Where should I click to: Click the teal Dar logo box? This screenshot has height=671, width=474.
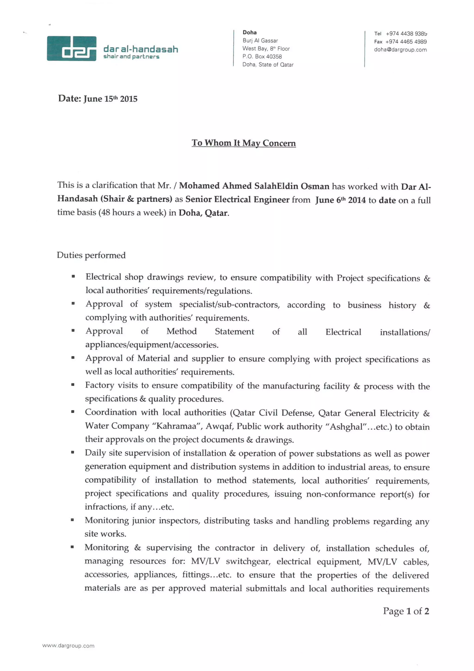click(x=72, y=48)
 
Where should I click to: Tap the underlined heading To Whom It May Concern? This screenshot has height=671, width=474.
click(x=243, y=143)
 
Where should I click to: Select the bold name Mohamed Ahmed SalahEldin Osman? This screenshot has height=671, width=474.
click(x=254, y=186)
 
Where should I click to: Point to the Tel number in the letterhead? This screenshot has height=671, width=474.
click(x=406, y=34)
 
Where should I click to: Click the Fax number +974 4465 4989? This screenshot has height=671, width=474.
click(x=406, y=42)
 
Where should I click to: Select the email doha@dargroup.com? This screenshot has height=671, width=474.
click(x=400, y=50)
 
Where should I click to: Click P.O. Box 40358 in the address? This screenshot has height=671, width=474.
click(x=262, y=57)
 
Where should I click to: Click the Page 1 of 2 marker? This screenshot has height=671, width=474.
click(x=406, y=611)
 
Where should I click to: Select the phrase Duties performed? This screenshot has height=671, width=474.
click(x=91, y=255)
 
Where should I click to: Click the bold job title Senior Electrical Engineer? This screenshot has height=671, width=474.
click(x=237, y=199)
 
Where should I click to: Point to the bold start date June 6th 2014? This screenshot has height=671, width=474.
click(x=340, y=200)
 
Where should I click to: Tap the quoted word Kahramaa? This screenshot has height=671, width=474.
click(x=176, y=426)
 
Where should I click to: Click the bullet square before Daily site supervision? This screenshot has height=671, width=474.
click(x=72, y=452)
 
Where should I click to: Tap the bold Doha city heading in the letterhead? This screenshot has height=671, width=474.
click(x=249, y=32)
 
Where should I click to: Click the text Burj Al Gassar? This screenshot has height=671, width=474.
click(x=260, y=41)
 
